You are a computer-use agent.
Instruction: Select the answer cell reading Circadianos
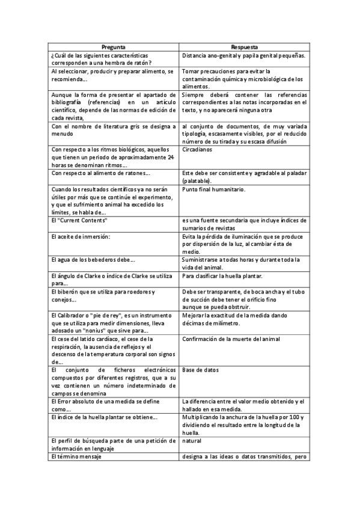coord(198,149)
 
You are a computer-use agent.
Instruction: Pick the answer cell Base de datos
coord(201,369)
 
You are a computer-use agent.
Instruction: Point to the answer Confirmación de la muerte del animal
coord(230,339)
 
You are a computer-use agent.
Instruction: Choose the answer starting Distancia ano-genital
coord(243,56)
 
